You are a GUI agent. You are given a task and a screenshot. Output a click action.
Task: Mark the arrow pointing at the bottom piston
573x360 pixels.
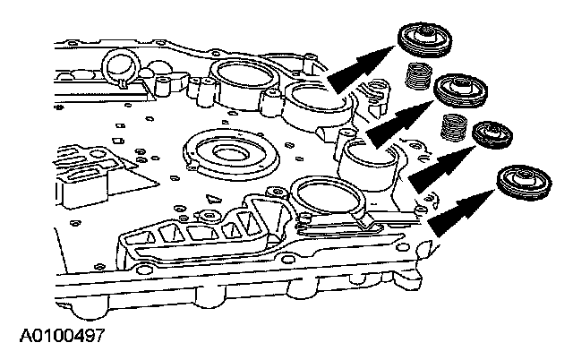pyautogui.click(x=462, y=208)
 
